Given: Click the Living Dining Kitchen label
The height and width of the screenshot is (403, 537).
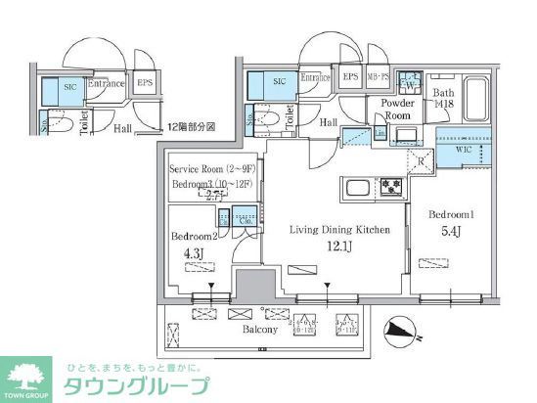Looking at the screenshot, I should (339, 230).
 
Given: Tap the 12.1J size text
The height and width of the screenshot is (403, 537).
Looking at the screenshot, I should (339, 247).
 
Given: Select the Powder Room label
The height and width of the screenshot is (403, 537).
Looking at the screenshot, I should (388, 108).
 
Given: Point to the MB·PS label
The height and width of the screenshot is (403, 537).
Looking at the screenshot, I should (379, 78).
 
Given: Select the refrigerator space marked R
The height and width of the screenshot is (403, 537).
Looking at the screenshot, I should (419, 162).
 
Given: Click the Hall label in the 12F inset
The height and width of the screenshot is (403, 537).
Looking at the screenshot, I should (123, 127).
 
